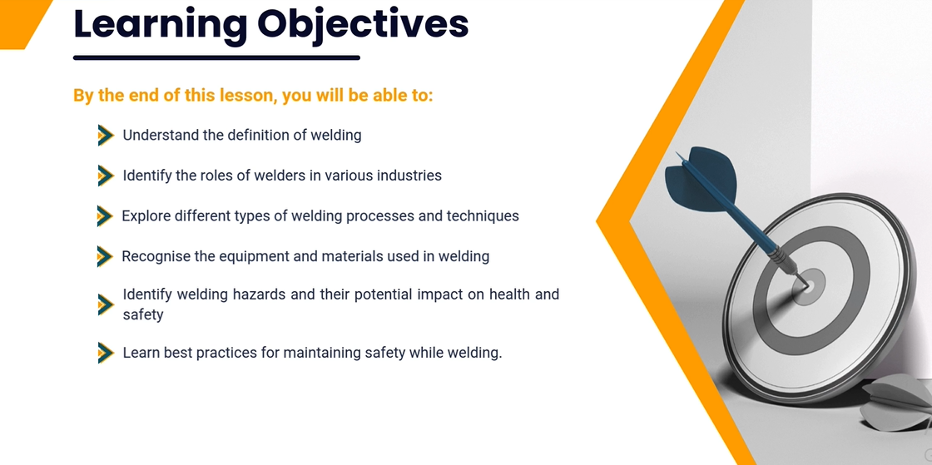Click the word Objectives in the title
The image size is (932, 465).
pyautogui.click(x=363, y=25)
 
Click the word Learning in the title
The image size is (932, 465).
pyautogui.click(x=160, y=25)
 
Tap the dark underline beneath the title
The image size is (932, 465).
pyautogui.click(x=217, y=57)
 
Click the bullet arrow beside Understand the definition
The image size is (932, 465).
pyautogui.click(x=106, y=136)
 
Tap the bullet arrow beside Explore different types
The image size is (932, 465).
pyautogui.click(x=105, y=216)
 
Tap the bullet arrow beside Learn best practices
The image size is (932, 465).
pyautogui.click(x=106, y=353)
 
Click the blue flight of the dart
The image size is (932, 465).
pyautogui.click(x=701, y=177)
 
